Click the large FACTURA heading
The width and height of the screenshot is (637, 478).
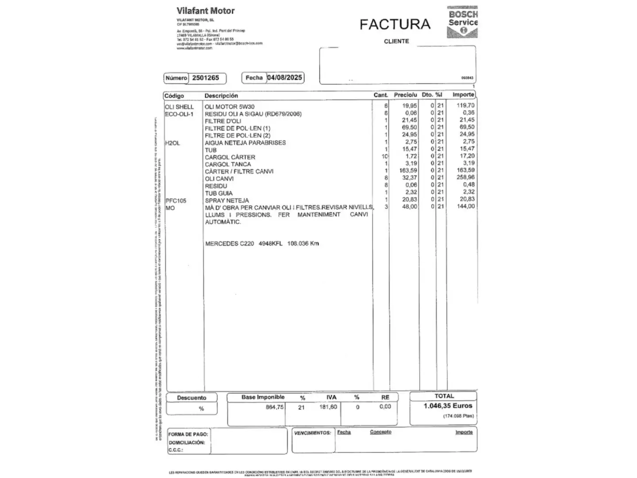(395, 24)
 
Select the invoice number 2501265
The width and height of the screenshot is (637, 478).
(205, 78)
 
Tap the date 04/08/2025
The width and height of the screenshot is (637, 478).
(284, 77)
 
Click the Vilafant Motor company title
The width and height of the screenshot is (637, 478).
(206, 11)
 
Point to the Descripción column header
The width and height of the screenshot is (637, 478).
(221, 96)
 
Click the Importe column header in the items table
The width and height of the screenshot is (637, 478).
(463, 95)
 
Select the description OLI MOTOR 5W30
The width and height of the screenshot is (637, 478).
(230, 107)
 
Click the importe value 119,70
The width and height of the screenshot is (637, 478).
(465, 105)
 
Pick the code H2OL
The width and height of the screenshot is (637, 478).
(173, 143)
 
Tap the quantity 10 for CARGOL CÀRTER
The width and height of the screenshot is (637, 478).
(384, 156)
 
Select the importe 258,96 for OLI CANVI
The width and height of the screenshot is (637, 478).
(465, 177)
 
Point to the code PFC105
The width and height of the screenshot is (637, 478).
(176, 200)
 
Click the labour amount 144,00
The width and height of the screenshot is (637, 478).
(465, 206)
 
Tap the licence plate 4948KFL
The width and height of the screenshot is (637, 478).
(270, 243)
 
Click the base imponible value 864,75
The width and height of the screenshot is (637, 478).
(275, 407)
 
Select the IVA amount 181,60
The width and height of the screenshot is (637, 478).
(328, 407)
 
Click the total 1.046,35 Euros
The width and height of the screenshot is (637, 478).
(448, 406)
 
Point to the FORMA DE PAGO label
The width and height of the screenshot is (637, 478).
(188, 434)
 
